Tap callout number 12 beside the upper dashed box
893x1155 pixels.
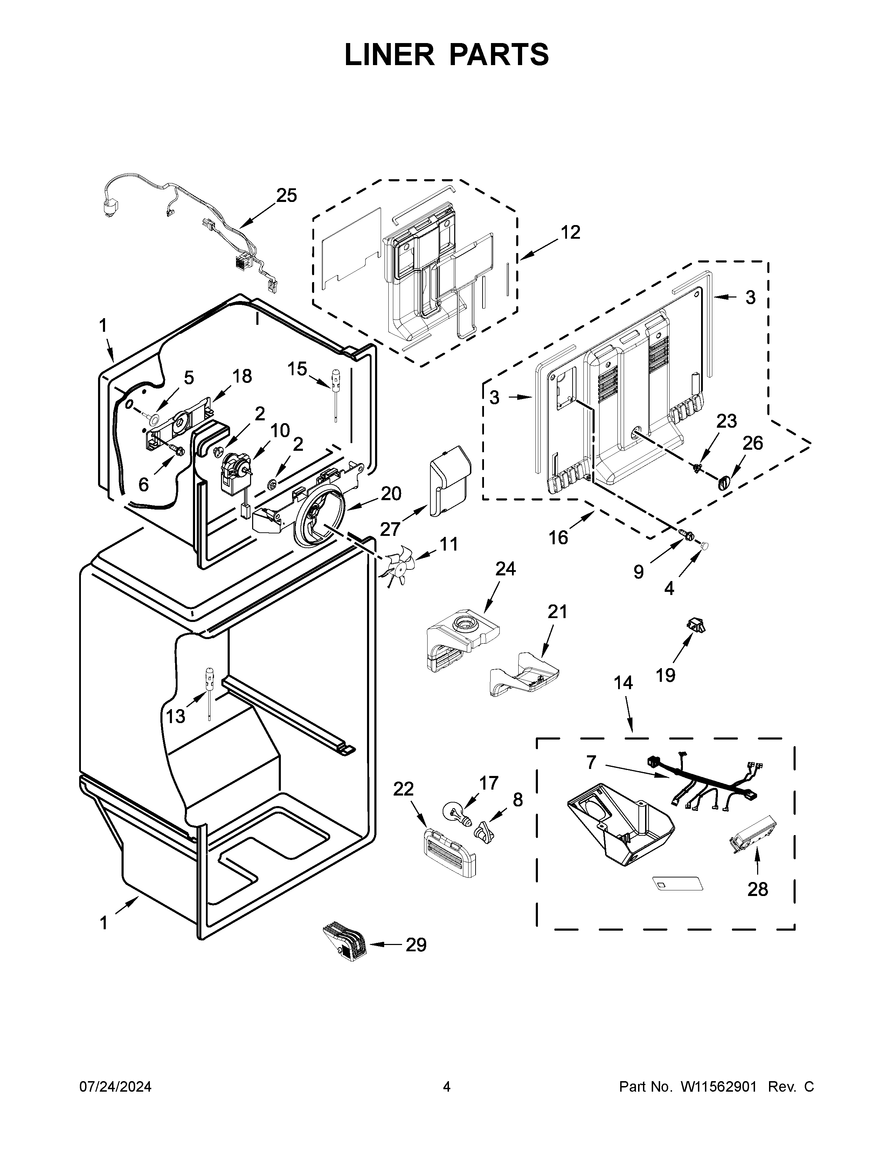coord(570,232)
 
